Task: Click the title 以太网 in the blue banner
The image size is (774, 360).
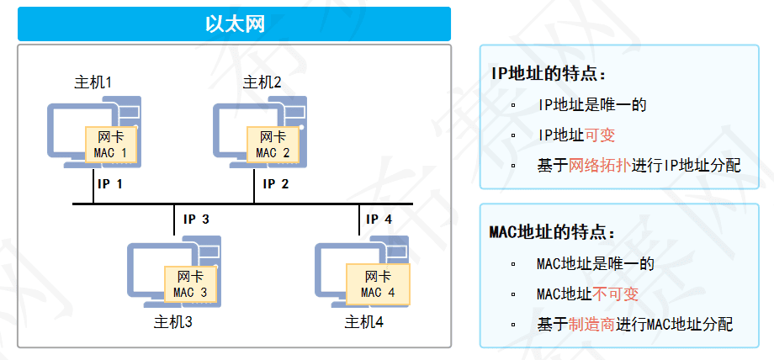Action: click(x=235, y=24)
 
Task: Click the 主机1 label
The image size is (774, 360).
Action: click(x=93, y=82)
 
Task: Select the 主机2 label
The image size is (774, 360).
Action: click(x=262, y=82)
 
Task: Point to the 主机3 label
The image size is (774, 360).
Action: click(x=173, y=321)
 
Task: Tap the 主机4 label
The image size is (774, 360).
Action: click(x=364, y=321)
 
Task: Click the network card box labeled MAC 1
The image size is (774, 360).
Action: click(x=111, y=145)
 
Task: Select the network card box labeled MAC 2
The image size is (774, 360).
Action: click(x=273, y=145)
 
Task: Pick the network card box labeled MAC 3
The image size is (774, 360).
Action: click(x=190, y=284)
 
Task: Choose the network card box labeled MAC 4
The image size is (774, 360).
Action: click(x=378, y=284)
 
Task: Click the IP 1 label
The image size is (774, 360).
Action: click(x=110, y=183)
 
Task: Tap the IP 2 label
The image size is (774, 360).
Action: click(x=275, y=183)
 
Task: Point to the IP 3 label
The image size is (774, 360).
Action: click(x=196, y=220)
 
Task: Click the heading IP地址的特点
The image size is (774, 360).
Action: click(x=549, y=73)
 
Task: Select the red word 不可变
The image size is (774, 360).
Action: click(x=615, y=294)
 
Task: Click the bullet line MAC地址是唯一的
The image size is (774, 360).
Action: click(x=595, y=264)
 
